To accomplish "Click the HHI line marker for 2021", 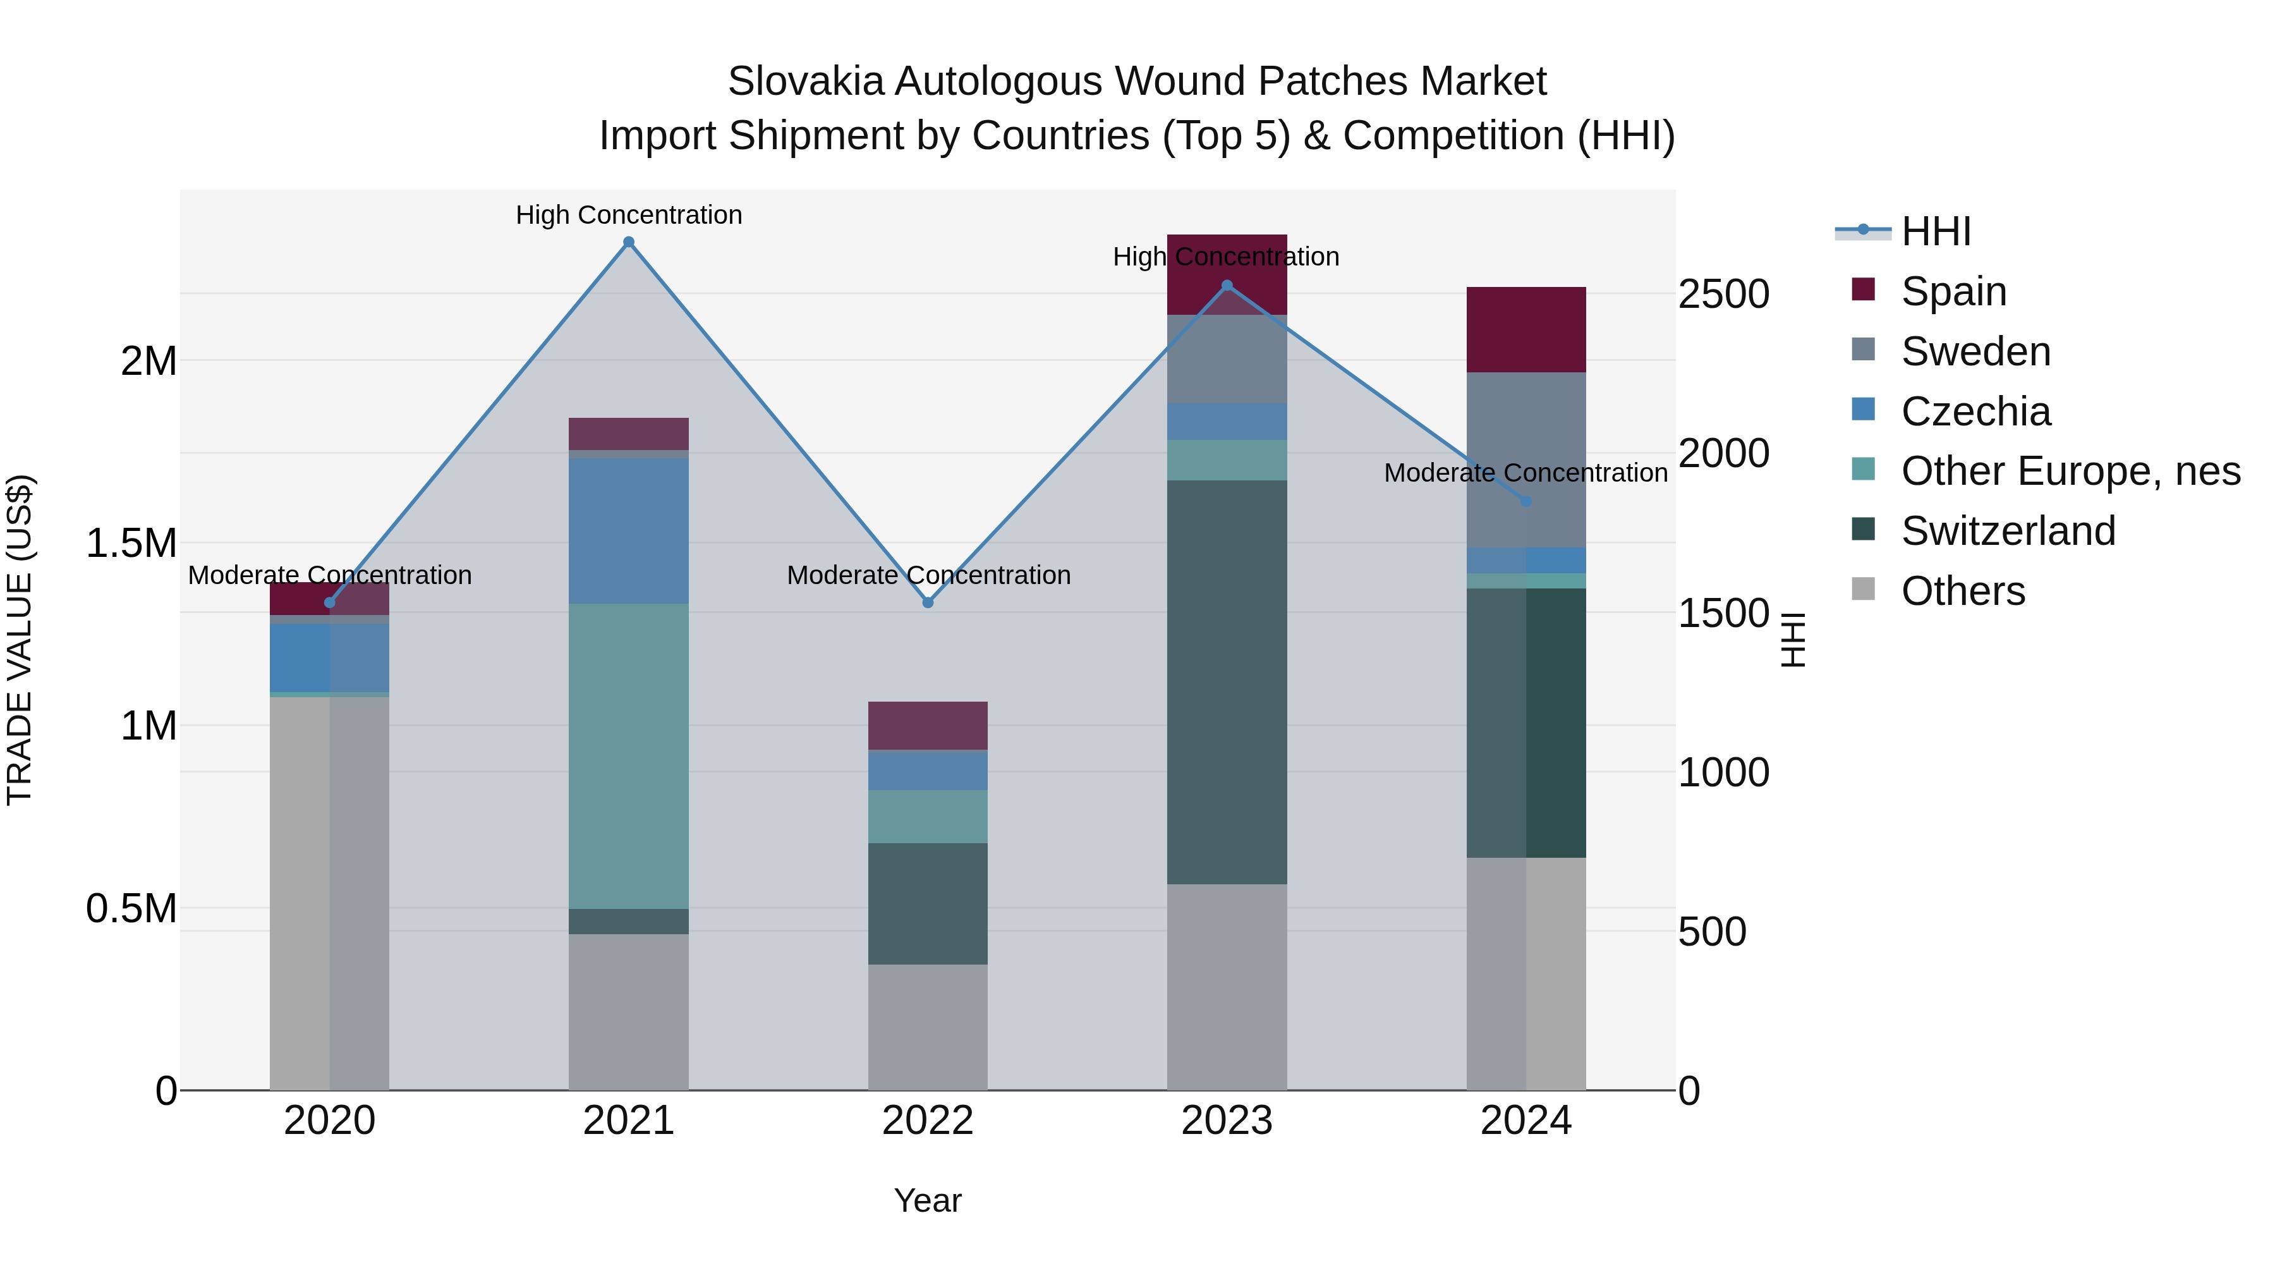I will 629,242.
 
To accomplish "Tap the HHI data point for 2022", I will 927,602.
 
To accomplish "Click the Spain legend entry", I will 1953,291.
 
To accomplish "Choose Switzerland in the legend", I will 2008,531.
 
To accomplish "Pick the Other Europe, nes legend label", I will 2070,471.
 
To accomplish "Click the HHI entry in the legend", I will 1936,231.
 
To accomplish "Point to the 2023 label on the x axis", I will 1227,1121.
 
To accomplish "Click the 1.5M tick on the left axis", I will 131,543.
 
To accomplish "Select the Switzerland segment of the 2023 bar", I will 1227,682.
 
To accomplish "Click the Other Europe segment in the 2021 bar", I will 629,755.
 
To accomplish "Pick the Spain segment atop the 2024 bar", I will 1526,329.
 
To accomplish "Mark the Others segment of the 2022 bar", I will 927,1027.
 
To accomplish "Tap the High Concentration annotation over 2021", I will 629,215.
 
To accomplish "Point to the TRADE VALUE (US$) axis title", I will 20,640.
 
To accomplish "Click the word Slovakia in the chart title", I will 806,82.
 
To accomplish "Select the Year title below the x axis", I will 927,1200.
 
